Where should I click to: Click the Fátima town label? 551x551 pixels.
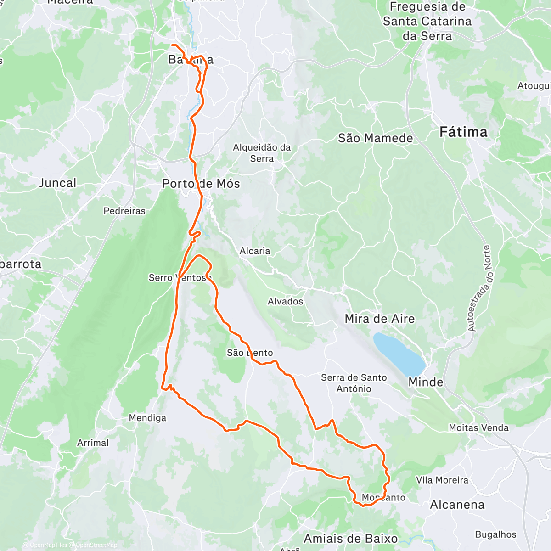click(x=463, y=132)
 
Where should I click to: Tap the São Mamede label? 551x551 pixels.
click(x=375, y=138)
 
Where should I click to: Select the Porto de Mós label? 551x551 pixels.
click(x=201, y=184)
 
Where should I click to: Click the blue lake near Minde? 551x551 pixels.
click(x=398, y=354)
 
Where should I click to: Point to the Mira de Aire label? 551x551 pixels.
click(x=379, y=319)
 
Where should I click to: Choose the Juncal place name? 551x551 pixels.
click(x=57, y=183)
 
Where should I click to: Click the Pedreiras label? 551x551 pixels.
click(x=124, y=211)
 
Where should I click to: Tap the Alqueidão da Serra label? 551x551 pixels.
click(x=262, y=153)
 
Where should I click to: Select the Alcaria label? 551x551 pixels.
click(x=255, y=251)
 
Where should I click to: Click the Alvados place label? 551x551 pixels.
click(x=285, y=302)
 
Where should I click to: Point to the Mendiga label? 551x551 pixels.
click(x=147, y=418)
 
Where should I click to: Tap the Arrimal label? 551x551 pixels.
click(x=93, y=443)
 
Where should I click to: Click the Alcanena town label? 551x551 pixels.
click(x=457, y=505)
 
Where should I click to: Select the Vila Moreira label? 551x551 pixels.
click(x=442, y=480)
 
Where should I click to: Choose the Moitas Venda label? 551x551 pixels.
click(x=478, y=428)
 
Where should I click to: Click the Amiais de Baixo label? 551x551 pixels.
click(x=351, y=538)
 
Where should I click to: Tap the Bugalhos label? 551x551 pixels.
click(x=495, y=534)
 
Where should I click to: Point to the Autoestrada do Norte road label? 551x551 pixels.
click(x=478, y=288)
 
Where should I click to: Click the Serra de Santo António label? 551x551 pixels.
click(x=354, y=383)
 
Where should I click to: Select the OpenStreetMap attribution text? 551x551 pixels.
click(x=96, y=545)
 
